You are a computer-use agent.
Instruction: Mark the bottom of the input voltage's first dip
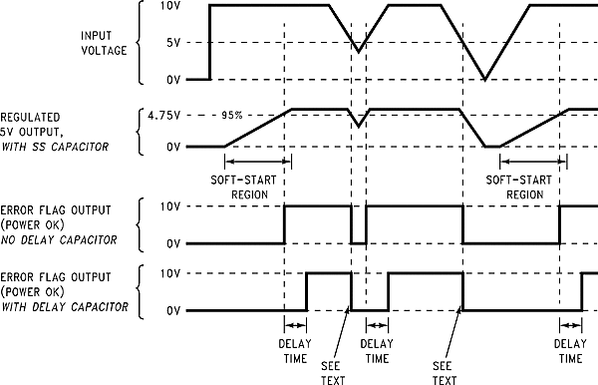[359, 47]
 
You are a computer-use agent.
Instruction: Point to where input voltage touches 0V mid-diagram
[484, 79]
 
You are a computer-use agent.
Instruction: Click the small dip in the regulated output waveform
[359, 126]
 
